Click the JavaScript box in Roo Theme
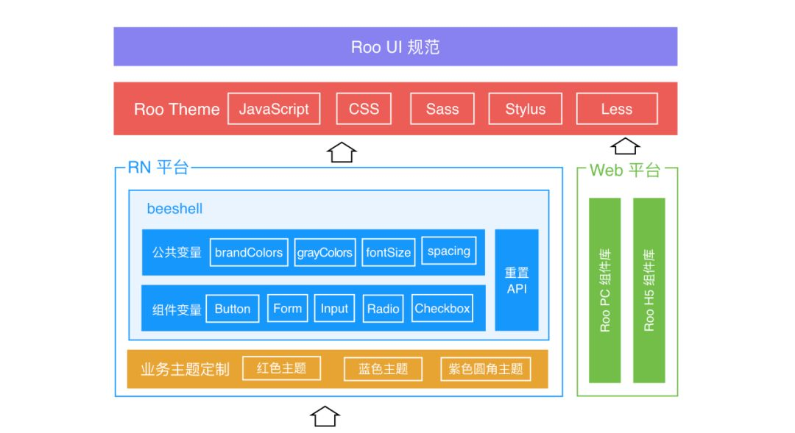[274, 108]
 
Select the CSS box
[364, 108]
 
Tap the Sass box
[442, 108]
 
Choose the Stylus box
[526, 108]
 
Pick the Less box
[617, 108]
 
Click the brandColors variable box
[249, 252]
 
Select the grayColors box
[325, 252]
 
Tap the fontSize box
[389, 252]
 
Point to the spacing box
[449, 251]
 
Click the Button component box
[233, 309]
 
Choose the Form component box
[288, 308]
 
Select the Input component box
[334, 308]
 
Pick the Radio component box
[383, 309]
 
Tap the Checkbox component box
[442, 308]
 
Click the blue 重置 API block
[517, 280]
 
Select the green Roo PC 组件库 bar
[605, 290]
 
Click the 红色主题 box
[281, 368]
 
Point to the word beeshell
[174, 209]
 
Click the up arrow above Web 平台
[625, 146]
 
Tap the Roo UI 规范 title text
[395, 47]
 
